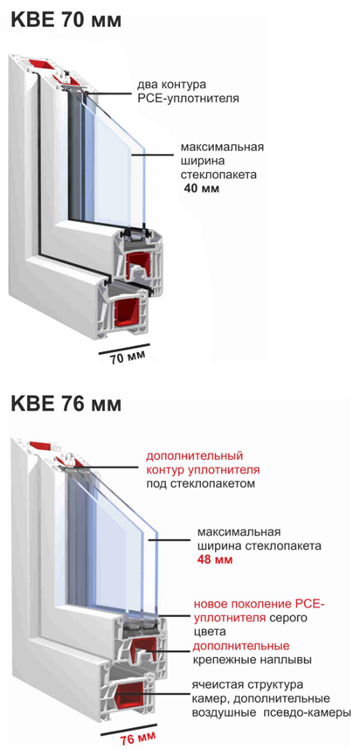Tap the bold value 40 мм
pos(202,188)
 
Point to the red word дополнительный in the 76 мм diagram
pos(194,455)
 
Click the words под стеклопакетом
pos(200,483)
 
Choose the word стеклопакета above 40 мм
pos(218,174)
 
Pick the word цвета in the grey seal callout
pos(209,631)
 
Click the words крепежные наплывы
pos(252,660)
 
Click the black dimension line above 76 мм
pos(131,728)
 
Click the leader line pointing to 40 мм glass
pos(152,155)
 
